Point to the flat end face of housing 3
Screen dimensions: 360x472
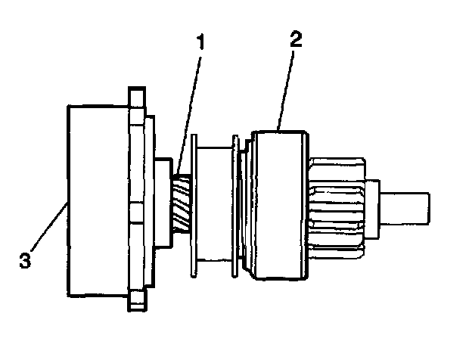click(x=69, y=200)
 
